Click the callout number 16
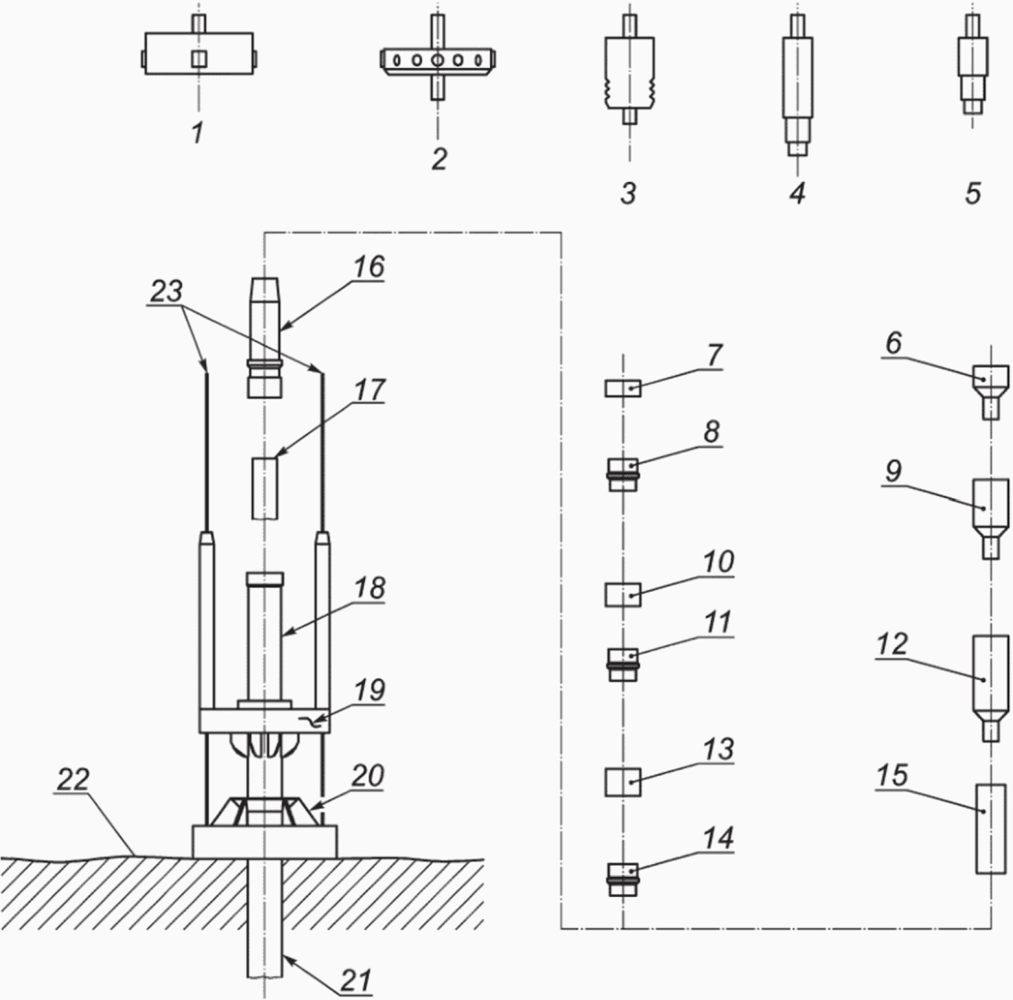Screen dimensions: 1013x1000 pos(370,267)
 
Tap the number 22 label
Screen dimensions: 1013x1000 pos(73,779)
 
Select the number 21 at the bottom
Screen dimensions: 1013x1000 pos(357,980)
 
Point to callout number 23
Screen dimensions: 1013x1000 pos(166,291)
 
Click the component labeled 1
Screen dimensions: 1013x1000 pos(199,53)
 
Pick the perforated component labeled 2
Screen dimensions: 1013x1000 pos(438,59)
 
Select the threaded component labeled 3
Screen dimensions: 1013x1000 pos(630,70)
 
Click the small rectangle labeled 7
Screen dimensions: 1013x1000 pos(623,388)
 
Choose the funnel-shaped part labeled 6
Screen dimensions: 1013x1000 pos(991,392)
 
